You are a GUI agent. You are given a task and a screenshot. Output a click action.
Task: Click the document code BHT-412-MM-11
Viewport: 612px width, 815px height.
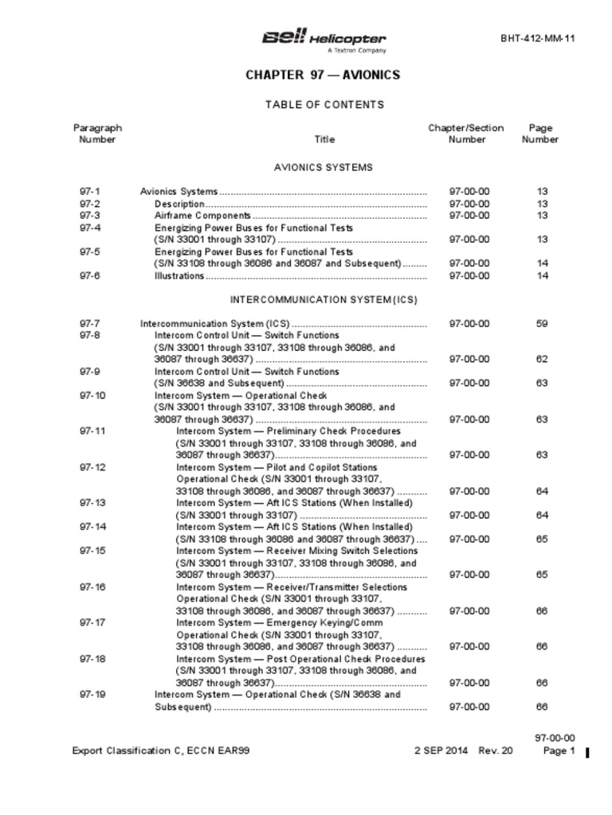click(537, 38)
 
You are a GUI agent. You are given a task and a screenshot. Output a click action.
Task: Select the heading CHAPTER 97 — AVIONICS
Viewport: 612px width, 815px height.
click(323, 76)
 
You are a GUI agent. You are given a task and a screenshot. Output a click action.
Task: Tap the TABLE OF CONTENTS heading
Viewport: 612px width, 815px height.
click(324, 104)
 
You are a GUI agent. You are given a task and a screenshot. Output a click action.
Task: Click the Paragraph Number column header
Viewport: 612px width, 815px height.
click(97, 134)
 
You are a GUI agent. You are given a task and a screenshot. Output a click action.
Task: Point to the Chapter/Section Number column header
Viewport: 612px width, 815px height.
click(466, 134)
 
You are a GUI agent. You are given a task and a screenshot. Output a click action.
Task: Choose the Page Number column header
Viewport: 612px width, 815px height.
click(540, 134)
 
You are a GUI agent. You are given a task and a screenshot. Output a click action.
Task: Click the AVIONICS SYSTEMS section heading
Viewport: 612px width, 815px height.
click(324, 168)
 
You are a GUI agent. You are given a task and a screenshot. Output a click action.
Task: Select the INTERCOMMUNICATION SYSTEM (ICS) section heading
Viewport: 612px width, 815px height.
click(324, 300)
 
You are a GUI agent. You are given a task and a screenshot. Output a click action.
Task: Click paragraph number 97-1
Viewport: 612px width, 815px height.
click(90, 192)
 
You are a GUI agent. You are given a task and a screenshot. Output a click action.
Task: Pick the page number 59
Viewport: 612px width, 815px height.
click(542, 324)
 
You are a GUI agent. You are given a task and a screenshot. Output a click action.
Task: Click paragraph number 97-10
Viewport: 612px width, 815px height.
click(92, 396)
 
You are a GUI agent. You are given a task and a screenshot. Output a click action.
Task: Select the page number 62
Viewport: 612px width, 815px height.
click(542, 360)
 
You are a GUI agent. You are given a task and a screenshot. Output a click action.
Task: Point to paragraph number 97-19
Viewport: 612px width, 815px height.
click(92, 695)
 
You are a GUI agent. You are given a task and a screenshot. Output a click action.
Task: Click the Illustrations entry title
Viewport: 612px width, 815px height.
click(179, 276)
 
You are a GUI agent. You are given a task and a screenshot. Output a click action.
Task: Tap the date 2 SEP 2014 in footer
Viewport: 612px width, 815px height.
click(441, 751)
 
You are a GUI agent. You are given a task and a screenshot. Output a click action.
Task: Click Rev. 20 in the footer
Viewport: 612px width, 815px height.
click(496, 751)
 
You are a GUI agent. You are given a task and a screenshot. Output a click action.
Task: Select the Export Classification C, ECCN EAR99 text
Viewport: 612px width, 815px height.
click(161, 751)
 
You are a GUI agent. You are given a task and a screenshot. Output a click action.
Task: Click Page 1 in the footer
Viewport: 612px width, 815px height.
click(559, 751)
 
